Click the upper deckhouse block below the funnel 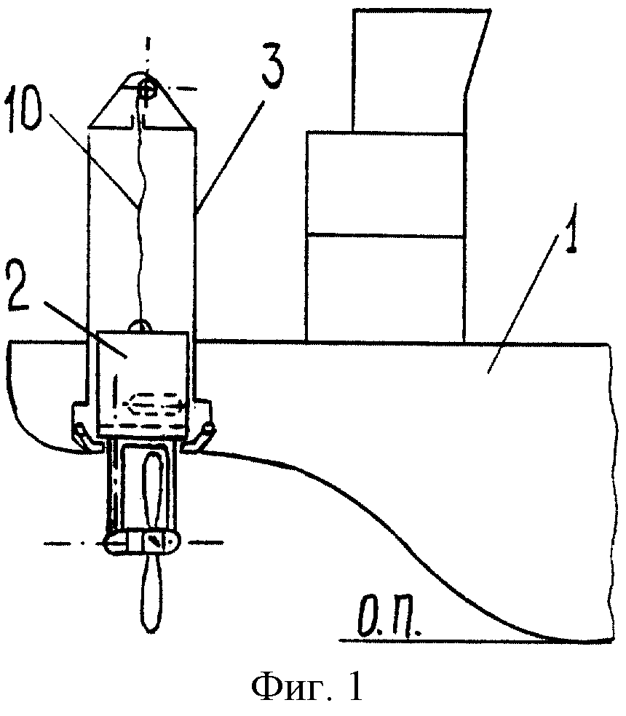click(386, 183)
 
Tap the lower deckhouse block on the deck click(386, 289)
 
